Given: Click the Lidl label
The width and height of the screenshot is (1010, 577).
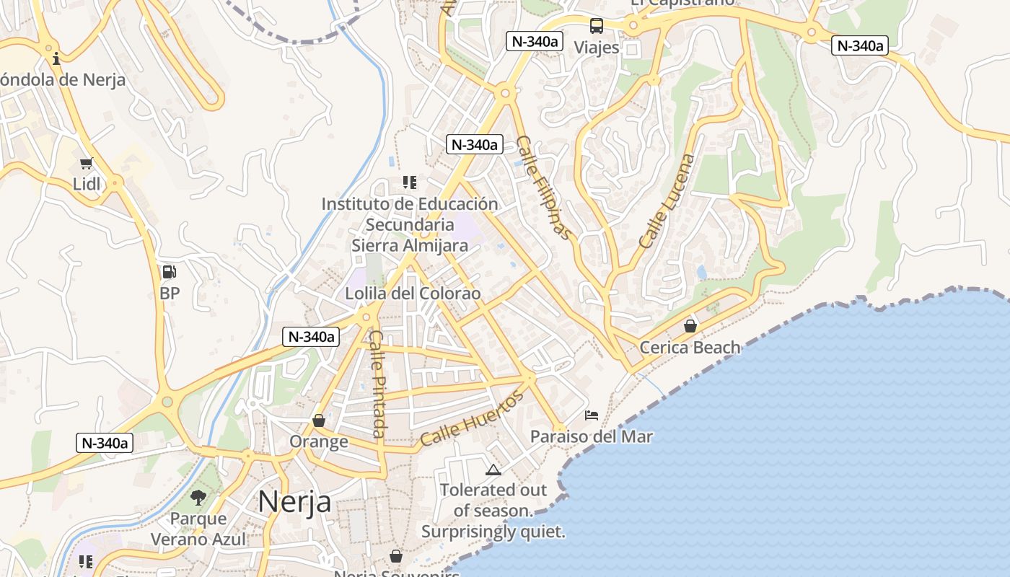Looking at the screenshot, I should pos(87,184).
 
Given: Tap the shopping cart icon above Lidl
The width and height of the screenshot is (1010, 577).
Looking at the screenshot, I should pos(87,164).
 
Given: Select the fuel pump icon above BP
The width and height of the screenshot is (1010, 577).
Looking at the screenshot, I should pos(169,272).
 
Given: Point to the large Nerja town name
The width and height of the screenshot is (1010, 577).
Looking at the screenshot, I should pos(294,501).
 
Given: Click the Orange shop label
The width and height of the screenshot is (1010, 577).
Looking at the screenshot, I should pos(319,441).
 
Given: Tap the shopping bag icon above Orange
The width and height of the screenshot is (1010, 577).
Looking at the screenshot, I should pos(319,420).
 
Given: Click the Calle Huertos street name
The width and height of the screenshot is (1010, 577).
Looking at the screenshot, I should pos(472,418).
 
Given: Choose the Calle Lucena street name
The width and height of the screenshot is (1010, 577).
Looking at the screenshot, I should pos(668,201).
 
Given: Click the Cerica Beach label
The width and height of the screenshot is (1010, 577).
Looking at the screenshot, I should pos(690,347).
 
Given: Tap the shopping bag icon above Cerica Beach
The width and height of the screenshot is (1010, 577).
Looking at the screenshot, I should pos(690,326).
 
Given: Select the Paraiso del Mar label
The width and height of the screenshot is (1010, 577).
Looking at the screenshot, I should pos(592,436).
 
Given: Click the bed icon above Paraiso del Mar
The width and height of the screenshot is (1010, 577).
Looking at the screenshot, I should pos(592,415).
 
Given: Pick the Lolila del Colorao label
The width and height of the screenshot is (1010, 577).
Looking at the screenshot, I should pos(413,294).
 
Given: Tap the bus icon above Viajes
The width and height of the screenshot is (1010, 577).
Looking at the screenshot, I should pos(597,26).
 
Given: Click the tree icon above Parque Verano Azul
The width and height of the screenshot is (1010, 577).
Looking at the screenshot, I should pos(198,497).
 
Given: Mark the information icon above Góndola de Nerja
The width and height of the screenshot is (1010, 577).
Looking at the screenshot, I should pos(56,58).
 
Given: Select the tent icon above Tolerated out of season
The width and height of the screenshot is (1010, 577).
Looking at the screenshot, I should pos(493,470).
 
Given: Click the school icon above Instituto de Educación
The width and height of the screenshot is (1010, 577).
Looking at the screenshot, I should pos(410,182).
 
